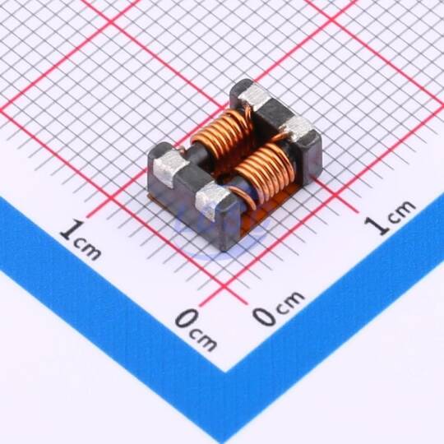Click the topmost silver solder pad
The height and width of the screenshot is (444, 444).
click(x=254, y=97)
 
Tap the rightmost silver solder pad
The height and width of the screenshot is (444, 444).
click(x=298, y=128)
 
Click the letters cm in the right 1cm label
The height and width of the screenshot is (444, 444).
click(x=402, y=210)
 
